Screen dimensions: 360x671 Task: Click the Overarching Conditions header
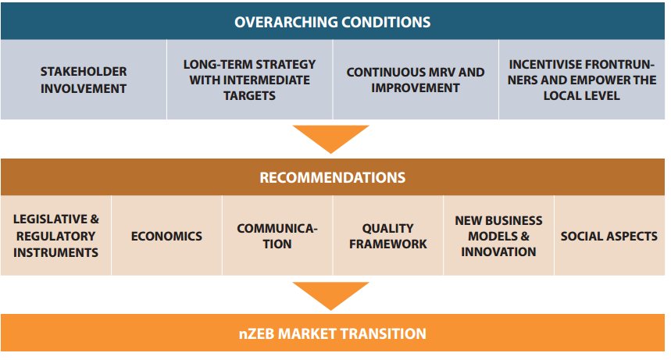pos(333,22)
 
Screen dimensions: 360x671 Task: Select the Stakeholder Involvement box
pos(84,80)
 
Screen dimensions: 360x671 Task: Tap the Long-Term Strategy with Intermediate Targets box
pos(250,80)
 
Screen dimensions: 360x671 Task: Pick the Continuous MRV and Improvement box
pos(416,80)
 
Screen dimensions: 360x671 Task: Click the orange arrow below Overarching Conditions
pos(333,137)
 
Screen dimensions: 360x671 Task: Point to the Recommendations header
pos(333,177)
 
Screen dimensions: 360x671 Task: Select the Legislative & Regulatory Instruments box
pos(56,235)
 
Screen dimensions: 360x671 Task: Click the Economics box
pos(166,236)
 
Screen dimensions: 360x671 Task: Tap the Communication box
pos(277,236)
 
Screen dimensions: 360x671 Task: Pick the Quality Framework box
pos(388,236)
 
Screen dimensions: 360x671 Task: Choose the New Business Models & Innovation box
pos(498,235)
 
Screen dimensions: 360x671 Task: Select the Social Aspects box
pos(609,236)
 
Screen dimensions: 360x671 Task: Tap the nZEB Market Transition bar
pos(333,333)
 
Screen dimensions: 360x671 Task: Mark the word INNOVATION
pos(498,251)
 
